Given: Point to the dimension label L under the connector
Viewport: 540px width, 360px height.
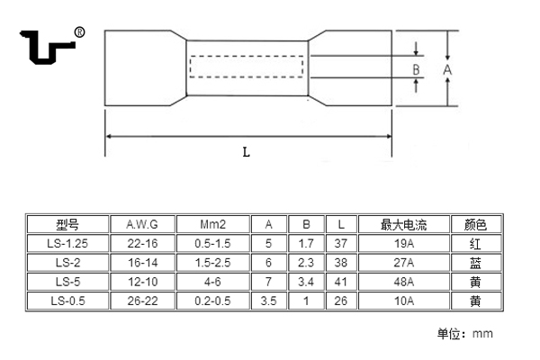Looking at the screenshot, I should pos(246,152).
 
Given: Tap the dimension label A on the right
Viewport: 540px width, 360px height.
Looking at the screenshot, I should pos(447,68).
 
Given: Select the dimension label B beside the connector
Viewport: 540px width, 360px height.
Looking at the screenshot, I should pos(417,68).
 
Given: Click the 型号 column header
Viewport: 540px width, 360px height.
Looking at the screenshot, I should pos(67,224).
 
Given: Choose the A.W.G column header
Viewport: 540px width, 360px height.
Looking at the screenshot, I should pos(142,224).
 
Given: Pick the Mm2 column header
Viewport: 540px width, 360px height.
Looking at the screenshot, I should pos(212,224).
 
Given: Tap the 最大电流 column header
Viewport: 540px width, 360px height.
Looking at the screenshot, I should pos(402,224).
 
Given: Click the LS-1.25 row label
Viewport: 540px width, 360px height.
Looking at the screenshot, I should pos(67,244).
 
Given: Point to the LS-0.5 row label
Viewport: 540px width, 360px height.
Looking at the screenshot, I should pos(67,300).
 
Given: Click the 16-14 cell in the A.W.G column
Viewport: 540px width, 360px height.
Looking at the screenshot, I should pos(142,263).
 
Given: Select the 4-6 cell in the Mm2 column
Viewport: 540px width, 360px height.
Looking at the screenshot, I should pos(212,281).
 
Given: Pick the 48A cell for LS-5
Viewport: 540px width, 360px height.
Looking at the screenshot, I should pos(402,281).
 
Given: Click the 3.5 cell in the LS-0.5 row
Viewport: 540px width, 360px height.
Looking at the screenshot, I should pos(268,300).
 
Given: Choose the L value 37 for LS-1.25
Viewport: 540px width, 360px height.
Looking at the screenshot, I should pos(338,244).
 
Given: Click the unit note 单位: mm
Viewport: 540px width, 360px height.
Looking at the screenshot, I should pos(465,334).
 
